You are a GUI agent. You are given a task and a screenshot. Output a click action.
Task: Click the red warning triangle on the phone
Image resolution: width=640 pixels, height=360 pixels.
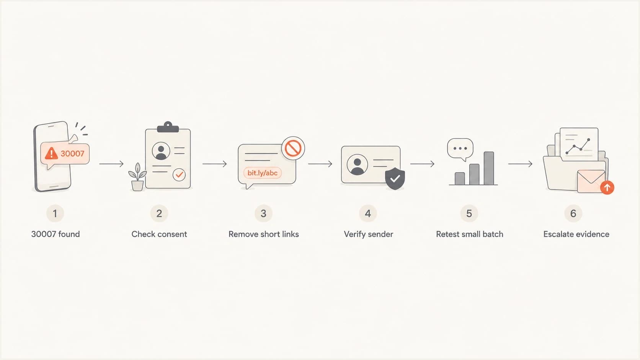[51, 153]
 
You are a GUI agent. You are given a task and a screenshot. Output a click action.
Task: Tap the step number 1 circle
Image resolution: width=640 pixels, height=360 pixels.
[55, 213]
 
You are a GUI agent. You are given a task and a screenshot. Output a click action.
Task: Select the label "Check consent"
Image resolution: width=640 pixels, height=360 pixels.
[159, 234]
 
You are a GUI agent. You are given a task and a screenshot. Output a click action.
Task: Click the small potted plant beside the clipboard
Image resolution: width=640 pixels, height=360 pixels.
[137, 177]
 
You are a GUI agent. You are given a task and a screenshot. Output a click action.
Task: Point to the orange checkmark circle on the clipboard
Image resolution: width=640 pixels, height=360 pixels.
[179, 174]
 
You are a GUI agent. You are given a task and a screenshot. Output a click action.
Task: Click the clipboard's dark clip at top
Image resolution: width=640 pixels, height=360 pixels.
[168, 127]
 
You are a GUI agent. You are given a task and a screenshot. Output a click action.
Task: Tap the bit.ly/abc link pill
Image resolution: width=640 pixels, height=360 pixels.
[262, 173]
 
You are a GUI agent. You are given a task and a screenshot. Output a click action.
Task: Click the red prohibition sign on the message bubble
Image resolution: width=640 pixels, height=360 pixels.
[293, 148]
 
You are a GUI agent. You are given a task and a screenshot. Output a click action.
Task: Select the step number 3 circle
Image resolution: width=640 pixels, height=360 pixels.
[263, 213]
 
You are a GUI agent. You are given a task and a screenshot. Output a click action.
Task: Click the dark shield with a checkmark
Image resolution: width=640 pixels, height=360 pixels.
[395, 178]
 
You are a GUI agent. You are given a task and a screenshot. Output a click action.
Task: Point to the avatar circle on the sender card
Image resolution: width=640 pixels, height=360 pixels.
[357, 165]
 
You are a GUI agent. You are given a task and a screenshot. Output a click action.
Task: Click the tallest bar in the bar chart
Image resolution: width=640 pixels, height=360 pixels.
[489, 168]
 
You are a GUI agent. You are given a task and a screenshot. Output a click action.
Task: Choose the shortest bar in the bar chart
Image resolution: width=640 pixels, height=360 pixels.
[460, 178]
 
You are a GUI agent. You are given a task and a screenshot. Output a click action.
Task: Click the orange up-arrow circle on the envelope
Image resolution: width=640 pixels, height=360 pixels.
[607, 187]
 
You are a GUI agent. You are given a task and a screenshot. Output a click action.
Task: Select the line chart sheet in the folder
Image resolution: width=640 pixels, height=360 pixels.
[579, 144]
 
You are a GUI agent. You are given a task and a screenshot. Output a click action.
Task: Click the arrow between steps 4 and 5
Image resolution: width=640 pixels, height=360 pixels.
[422, 164]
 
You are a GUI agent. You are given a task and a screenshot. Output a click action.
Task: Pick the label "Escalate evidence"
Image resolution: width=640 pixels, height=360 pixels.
[576, 234]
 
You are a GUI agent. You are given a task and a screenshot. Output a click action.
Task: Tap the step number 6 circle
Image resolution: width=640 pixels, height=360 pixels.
[573, 213]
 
